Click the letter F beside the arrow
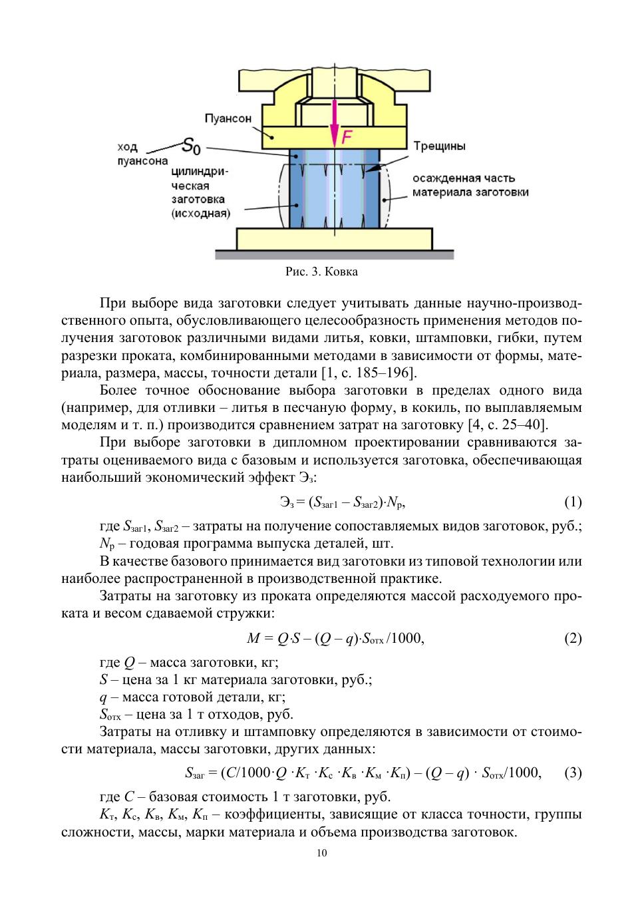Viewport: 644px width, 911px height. pos(347,138)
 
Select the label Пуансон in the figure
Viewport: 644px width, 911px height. pos(228,118)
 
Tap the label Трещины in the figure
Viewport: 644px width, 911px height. pos(439,146)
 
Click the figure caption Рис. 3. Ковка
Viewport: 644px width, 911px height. pos(321,272)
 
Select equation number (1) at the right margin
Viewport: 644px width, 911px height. pos(573,502)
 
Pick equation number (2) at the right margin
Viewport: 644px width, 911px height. pos(573,639)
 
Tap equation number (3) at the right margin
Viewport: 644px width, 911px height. pos(573,773)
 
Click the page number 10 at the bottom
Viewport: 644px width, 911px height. pos(322,854)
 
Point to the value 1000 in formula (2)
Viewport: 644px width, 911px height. pos(406,639)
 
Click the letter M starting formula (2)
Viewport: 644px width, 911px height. pos(253,639)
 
